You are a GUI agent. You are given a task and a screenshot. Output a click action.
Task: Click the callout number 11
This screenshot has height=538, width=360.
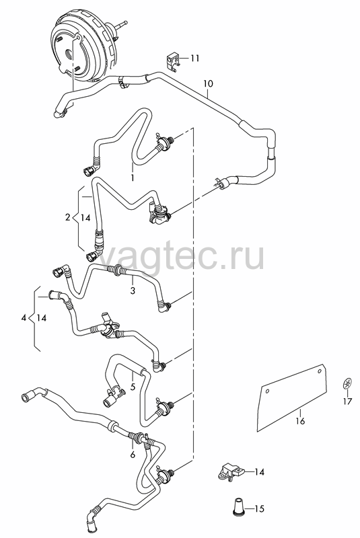(195, 59)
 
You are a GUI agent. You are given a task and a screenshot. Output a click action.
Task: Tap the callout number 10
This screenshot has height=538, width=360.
(208, 83)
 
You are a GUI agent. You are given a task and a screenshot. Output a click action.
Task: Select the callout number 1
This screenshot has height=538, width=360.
(133, 178)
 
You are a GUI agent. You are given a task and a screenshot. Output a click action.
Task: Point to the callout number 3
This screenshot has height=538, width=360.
(133, 291)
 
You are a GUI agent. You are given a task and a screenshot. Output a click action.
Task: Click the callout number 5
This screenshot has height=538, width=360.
(133, 387)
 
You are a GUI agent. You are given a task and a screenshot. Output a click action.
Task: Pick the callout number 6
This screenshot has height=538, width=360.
(133, 455)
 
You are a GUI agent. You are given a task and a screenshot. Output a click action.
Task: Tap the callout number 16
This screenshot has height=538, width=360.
(300, 421)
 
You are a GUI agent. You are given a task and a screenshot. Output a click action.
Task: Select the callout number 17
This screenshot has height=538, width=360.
(348, 401)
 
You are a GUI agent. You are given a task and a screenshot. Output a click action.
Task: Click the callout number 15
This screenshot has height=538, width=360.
(260, 508)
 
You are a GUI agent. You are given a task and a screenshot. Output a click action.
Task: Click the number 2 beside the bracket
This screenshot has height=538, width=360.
(67, 217)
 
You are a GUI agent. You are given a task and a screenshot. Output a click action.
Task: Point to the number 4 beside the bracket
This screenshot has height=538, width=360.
(24, 318)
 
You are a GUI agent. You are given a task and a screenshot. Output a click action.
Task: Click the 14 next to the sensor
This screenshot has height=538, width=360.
(260, 472)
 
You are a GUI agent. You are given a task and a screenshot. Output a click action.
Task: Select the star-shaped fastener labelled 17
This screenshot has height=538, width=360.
(347, 383)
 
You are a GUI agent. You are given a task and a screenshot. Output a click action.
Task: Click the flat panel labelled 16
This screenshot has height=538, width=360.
(292, 398)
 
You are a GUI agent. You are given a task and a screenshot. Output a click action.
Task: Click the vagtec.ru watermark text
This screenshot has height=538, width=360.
(181, 256)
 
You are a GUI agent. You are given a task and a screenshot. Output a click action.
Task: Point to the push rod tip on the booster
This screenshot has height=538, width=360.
(124, 24)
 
